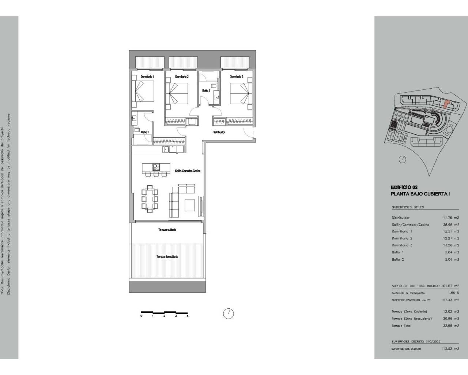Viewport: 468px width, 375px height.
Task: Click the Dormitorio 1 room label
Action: [147, 77]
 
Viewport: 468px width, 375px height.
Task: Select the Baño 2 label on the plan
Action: [206, 90]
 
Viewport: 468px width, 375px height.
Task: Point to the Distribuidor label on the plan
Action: [219, 132]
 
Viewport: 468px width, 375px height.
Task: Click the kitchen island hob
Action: [156, 167]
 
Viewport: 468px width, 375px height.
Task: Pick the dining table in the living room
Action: [150, 198]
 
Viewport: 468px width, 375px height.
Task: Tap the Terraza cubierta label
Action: [167, 230]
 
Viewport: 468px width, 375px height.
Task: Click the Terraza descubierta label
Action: [167, 257]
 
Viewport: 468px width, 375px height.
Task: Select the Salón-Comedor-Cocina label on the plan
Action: [188, 171]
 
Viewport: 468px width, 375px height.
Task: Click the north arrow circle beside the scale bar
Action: [228, 313]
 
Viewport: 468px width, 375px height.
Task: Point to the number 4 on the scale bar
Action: [187, 316]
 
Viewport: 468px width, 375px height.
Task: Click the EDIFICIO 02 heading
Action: [404, 187]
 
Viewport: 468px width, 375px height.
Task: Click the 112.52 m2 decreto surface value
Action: [450, 349]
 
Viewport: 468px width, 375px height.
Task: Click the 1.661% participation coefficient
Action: [453, 293]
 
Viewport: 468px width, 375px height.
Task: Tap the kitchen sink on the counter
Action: [166, 149]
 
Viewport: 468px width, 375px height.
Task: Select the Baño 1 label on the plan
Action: [145, 132]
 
